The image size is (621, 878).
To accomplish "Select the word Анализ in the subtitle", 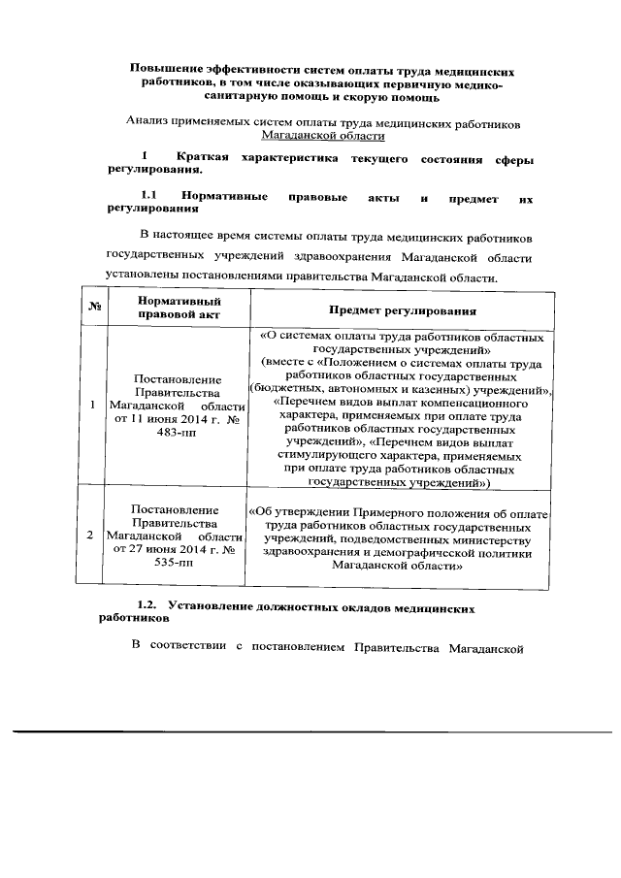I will click(x=148, y=123).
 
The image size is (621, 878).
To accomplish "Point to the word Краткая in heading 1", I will click(x=203, y=156).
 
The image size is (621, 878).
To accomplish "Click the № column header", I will click(x=95, y=309).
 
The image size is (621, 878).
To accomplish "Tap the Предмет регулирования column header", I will click(x=401, y=310).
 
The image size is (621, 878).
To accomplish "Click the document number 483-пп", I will click(x=178, y=432).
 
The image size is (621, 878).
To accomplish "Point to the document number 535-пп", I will click(x=178, y=564).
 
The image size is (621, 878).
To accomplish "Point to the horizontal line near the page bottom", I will click(x=310, y=732).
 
